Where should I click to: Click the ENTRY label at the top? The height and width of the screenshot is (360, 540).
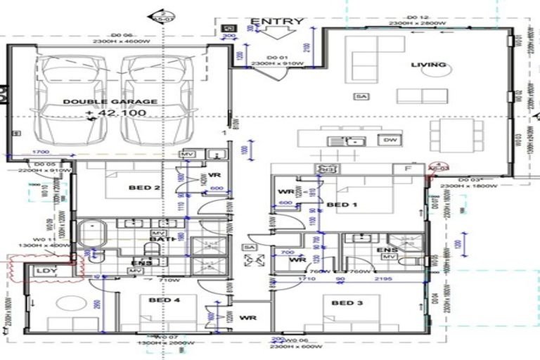[277, 21]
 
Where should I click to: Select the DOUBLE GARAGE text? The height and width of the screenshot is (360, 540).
[110, 101]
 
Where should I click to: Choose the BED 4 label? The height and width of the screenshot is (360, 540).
[164, 300]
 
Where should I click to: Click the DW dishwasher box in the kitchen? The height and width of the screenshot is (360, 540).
[388, 139]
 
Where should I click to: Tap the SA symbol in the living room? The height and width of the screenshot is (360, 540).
[361, 96]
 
